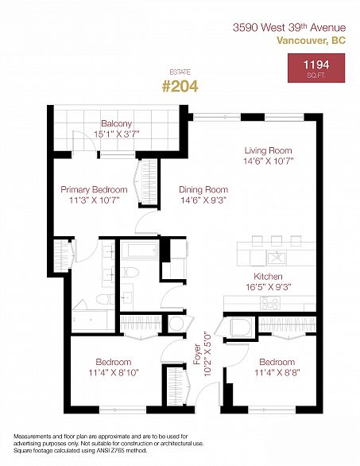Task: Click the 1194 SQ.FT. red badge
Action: click(316, 68)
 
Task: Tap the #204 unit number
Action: click(180, 87)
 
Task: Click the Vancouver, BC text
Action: click(312, 40)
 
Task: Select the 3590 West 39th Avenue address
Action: click(289, 28)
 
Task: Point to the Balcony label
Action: click(117, 123)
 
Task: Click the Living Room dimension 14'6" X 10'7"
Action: click(269, 161)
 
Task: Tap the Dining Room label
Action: click(203, 189)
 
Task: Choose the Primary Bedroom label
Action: click(94, 189)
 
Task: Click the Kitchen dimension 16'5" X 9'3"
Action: click(268, 287)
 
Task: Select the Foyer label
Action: click(197, 354)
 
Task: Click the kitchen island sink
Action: click(277, 258)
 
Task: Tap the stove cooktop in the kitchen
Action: click(270, 303)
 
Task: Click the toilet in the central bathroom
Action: click(130, 272)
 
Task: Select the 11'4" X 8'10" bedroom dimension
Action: click(114, 372)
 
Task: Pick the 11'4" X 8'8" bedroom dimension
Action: click(277, 372)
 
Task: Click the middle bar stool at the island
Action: click(277, 241)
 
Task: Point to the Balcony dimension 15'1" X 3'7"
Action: click(117, 134)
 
